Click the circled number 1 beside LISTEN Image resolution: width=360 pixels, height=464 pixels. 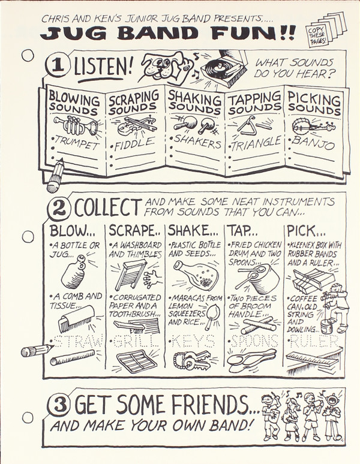pyautogui.click(x=58, y=66)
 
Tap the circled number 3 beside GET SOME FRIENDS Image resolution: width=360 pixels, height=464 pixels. pyautogui.click(x=59, y=405)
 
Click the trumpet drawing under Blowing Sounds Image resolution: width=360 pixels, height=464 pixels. pyautogui.click(x=76, y=125)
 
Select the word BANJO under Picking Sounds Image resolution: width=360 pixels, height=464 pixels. pyautogui.click(x=313, y=143)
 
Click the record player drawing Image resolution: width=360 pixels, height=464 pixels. pyautogui.click(x=224, y=68)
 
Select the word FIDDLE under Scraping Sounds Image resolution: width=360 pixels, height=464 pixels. pyautogui.click(x=135, y=144)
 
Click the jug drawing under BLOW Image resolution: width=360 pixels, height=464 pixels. pyautogui.click(x=74, y=272)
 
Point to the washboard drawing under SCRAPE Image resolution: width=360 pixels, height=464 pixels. pyautogui.click(x=131, y=275)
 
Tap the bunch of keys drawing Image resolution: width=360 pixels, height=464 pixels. pyautogui.click(x=191, y=360)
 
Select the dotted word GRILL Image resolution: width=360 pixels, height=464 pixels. pyautogui.click(x=135, y=342)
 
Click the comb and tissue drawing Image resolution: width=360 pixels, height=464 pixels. pyautogui.click(x=76, y=318)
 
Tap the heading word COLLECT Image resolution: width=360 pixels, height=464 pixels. pyautogui.click(x=108, y=207)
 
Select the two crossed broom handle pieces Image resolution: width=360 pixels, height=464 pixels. pyautogui.click(x=258, y=325)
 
